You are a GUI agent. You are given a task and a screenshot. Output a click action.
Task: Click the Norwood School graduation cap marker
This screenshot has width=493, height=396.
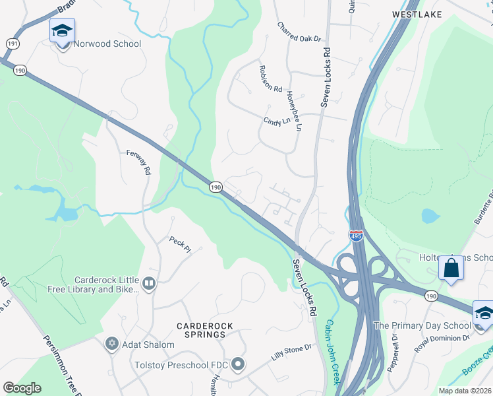[62, 31]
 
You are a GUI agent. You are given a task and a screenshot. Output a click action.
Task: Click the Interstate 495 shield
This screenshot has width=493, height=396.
[356, 235]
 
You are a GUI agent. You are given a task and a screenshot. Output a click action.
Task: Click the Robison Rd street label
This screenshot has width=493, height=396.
[270, 79]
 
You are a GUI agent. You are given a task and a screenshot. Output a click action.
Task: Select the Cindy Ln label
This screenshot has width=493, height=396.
[277, 122]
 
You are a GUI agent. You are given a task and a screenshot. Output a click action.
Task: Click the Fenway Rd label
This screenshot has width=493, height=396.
[139, 161]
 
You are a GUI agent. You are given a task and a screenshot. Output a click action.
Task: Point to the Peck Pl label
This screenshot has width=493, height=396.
[179, 244]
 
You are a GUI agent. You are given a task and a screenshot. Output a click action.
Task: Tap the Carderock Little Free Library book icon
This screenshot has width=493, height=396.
[149, 284]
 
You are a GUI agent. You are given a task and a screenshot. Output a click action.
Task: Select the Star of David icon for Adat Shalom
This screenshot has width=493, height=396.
[111, 344]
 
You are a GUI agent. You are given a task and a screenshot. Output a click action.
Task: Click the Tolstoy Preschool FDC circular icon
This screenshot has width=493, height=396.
[238, 364]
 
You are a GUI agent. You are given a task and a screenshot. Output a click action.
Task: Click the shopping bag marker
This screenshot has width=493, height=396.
[451, 268]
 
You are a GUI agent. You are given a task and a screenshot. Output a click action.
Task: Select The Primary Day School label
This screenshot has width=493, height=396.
[422, 325]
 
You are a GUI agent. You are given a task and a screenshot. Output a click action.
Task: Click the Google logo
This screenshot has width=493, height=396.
[22, 387]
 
